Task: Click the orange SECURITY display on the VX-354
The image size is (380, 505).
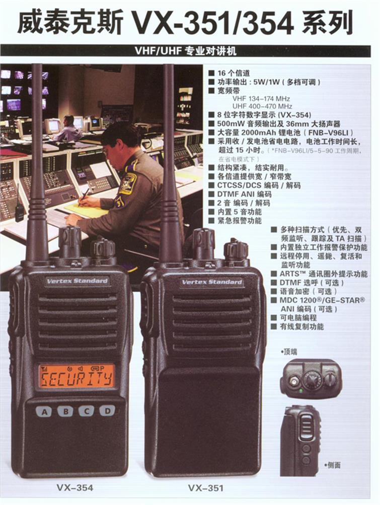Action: [x=77, y=376]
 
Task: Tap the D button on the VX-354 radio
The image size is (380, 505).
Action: [x=107, y=410]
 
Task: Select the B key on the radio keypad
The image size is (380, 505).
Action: [x=66, y=411]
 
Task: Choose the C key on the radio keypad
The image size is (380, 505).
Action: [x=87, y=411]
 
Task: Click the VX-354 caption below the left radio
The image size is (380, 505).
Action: [x=75, y=487]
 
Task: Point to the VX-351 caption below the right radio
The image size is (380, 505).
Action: [x=206, y=488]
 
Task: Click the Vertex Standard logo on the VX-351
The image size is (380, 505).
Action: [x=212, y=282]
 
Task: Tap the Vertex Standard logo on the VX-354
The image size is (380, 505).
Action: [x=77, y=281]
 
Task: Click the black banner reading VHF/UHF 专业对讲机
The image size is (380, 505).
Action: [x=185, y=51]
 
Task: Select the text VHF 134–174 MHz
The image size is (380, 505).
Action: [x=261, y=99]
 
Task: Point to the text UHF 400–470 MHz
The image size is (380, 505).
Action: [x=262, y=106]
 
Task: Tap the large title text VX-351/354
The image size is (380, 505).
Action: [x=213, y=23]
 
